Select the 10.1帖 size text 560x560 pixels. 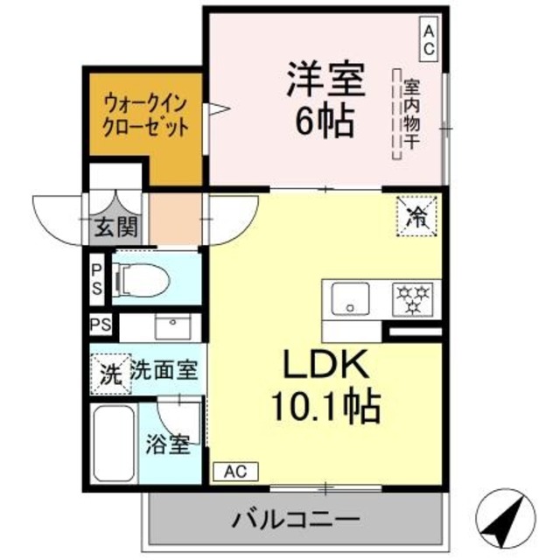[324, 405]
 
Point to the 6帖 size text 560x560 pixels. [323, 122]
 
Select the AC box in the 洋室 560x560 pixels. [429, 39]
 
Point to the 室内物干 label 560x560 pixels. [409, 114]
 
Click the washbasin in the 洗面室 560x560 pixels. [172, 326]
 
